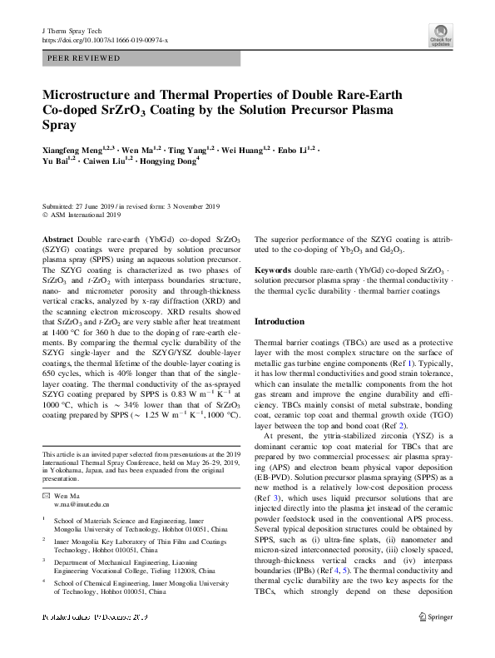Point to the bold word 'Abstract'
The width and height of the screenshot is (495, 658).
(57, 239)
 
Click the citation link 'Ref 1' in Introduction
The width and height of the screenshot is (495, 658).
(426, 364)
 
